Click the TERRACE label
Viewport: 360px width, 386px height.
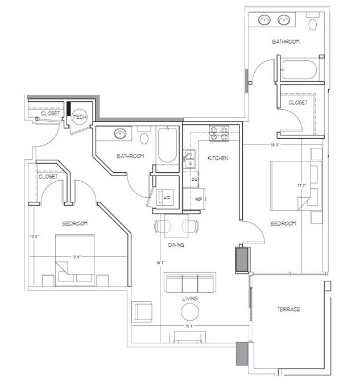tap(288, 309)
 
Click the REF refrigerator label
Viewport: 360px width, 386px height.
tap(199, 200)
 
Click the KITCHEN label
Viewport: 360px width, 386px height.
tap(217, 157)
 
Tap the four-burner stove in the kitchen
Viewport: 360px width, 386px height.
tap(219, 134)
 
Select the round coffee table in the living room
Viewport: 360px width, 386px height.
tap(190, 311)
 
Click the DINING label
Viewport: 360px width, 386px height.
tap(175, 245)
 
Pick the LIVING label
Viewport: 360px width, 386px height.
tap(190, 297)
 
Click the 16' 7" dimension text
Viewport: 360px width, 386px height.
tap(160, 263)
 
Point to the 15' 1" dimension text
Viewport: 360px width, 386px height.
tap(191, 326)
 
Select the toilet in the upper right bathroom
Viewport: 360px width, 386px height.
tap(313, 24)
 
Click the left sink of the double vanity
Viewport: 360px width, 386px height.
tap(265, 20)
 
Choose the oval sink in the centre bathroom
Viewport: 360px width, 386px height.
tap(121, 134)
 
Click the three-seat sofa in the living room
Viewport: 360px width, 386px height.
tap(190, 282)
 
